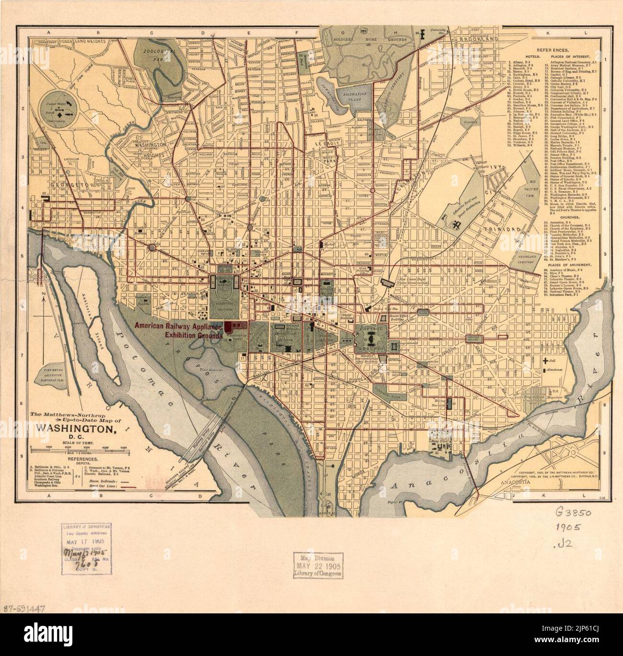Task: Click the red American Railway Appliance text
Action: point(178,327)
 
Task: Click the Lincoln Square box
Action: point(477,338)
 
